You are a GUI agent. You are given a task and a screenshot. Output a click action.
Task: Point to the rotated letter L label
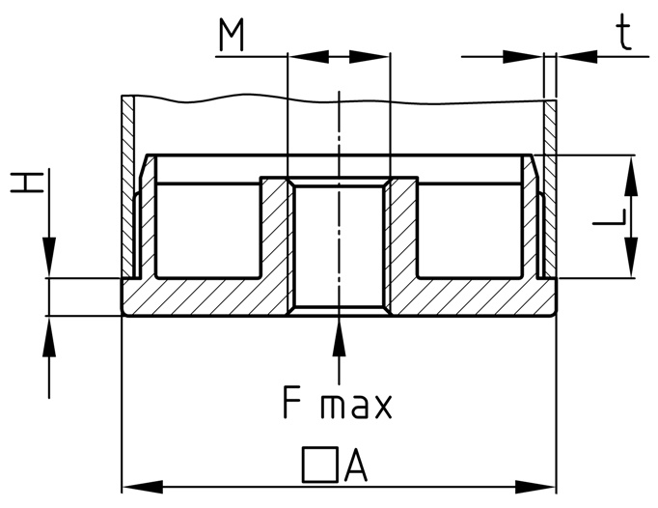coord(609,217)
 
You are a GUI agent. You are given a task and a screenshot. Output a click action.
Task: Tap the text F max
coord(338,403)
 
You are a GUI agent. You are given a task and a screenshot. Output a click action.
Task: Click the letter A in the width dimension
coord(355,467)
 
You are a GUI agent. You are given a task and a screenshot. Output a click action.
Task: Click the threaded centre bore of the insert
coord(339,246)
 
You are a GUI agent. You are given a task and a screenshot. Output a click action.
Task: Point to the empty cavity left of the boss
coord(207,232)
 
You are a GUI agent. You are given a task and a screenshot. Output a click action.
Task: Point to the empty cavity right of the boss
coord(473,232)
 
